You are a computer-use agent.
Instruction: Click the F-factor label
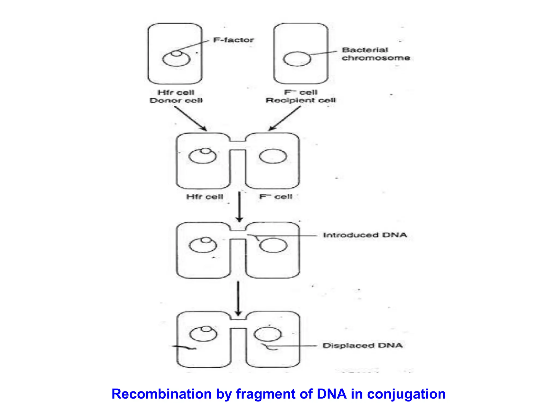(233, 40)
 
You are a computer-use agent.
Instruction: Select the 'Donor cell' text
(176, 101)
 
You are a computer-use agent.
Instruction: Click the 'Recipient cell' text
(301, 100)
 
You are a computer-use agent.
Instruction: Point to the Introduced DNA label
(365, 235)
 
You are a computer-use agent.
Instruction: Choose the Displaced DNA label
(362, 346)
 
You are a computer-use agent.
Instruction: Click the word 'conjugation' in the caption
(406, 394)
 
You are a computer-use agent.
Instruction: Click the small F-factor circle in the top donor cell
(176, 53)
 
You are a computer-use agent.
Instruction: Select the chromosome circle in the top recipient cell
(297, 59)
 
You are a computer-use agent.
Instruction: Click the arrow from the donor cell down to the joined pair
(191, 119)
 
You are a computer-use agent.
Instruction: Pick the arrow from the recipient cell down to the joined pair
(284, 119)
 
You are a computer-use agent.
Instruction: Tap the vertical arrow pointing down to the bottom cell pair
(238, 299)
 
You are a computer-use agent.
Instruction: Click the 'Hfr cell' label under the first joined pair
(205, 197)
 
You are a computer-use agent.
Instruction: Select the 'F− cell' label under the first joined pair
(276, 196)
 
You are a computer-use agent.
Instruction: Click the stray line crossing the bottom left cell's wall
(184, 347)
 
